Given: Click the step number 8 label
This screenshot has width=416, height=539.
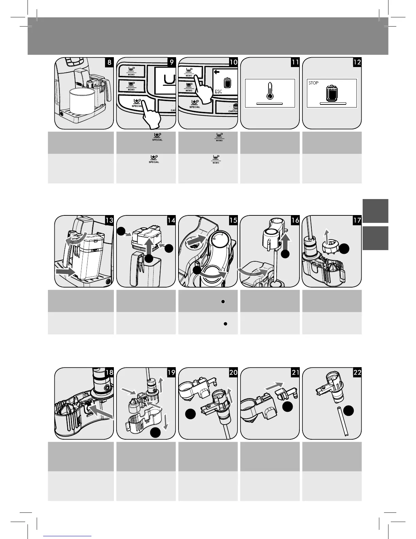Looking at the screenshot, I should point(109,62).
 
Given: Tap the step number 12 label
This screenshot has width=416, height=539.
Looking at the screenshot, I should point(357,62).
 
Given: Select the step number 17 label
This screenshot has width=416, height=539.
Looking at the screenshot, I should point(357,220).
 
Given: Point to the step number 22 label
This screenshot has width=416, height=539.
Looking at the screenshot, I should point(357,372).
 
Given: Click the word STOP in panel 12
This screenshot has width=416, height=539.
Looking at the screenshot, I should point(313,83).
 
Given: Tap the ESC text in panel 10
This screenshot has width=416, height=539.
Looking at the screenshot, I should point(219,92).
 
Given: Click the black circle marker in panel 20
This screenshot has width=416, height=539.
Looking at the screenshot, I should point(191,413).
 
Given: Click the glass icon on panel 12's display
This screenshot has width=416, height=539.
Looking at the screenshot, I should point(332,93).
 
